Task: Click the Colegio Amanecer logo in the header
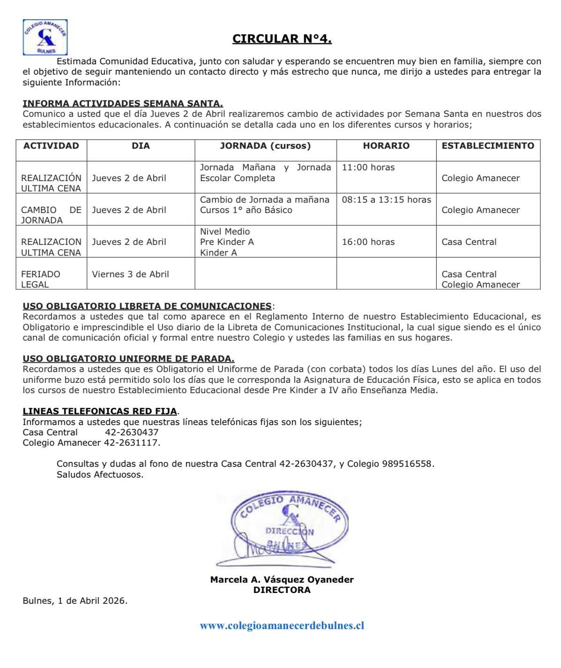tap(45, 38)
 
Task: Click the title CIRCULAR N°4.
tap(282, 39)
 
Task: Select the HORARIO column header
tap(386, 146)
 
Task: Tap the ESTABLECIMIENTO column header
tap(488, 146)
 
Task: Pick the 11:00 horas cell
tap(368, 167)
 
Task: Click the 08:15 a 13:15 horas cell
tap(386, 200)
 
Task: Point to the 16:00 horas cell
tap(368, 242)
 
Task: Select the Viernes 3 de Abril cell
tap(130, 274)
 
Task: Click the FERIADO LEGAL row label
tap(41, 279)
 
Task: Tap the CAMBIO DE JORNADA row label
tap(51, 215)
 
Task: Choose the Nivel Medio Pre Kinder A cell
tap(227, 242)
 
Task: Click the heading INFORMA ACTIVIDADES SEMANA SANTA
tap(123, 103)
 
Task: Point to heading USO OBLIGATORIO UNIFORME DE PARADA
tap(128, 359)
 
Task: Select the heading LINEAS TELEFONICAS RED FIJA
tap(100, 411)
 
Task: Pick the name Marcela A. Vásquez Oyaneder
tap(282, 580)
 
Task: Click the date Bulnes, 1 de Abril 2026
tap(75, 601)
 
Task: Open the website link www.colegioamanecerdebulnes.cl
tap(282, 626)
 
